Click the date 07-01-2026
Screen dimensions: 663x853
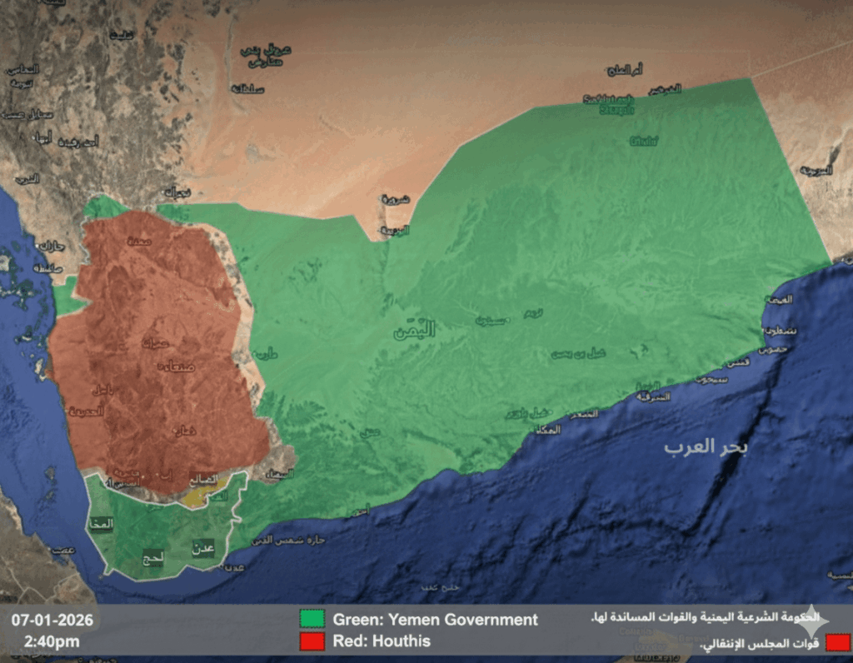click(x=52, y=621)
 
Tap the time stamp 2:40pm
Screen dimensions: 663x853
click(x=52, y=641)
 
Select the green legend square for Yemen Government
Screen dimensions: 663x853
click(x=312, y=620)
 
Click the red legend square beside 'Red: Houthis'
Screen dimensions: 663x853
click(x=312, y=641)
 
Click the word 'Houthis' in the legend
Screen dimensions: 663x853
click(x=403, y=641)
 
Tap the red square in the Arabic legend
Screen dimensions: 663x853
click(x=839, y=642)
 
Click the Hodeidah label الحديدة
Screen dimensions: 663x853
click(x=87, y=411)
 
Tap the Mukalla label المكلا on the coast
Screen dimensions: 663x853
click(x=547, y=429)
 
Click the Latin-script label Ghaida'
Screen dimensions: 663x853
click(x=644, y=142)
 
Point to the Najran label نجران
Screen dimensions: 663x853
click(x=177, y=192)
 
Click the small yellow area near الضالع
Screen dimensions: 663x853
click(x=197, y=497)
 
